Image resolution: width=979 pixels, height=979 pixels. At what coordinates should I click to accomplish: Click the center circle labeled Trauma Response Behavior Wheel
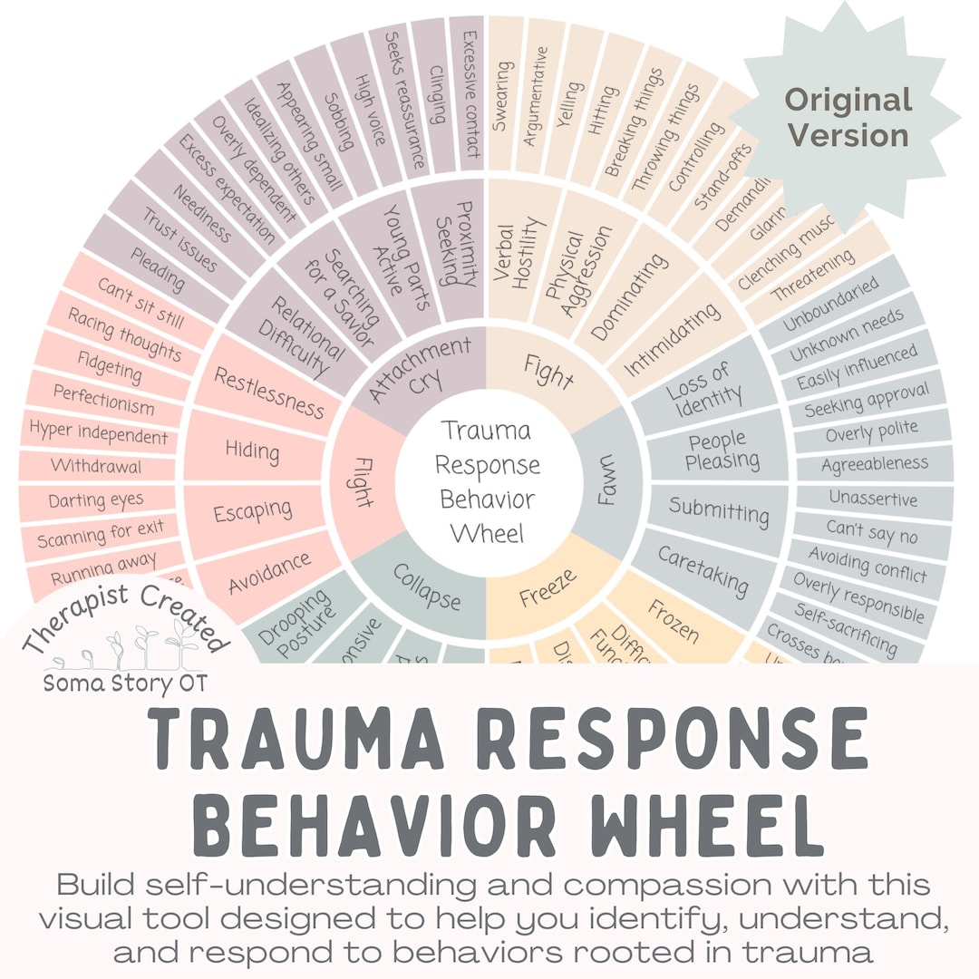[487, 480]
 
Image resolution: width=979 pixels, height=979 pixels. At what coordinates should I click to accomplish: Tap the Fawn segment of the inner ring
[602, 481]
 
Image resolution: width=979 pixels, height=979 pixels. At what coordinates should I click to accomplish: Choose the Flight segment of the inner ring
[363, 481]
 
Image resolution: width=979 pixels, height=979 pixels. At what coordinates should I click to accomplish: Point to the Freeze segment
[548, 588]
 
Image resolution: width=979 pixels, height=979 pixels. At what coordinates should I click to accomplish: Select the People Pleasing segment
[722, 451]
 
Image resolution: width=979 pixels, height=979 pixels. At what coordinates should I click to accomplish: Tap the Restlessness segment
[268, 393]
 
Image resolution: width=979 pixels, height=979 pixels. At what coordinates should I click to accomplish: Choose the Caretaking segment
[703, 571]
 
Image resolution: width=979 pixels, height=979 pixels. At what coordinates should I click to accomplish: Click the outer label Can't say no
[871, 532]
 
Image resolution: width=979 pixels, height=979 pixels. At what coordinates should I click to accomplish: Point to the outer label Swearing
[501, 95]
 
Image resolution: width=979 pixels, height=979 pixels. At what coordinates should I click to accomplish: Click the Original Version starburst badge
[847, 117]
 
